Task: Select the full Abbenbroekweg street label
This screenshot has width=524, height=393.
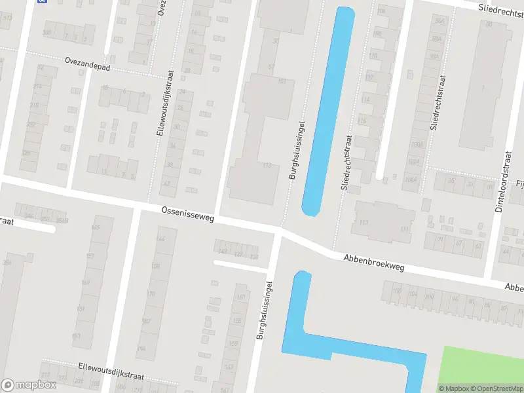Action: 374,263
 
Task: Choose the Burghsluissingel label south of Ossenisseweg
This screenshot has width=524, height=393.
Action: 264,311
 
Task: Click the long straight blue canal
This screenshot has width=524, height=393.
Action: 327,111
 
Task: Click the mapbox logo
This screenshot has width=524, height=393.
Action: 29,385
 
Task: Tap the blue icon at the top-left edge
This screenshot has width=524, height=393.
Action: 43,1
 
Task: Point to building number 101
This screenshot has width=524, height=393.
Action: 282,81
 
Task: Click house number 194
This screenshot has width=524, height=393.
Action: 141,348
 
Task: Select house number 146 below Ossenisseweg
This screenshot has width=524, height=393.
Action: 161,239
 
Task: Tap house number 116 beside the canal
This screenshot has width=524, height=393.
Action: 363,121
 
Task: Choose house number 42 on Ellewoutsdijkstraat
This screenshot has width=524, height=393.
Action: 166,183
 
